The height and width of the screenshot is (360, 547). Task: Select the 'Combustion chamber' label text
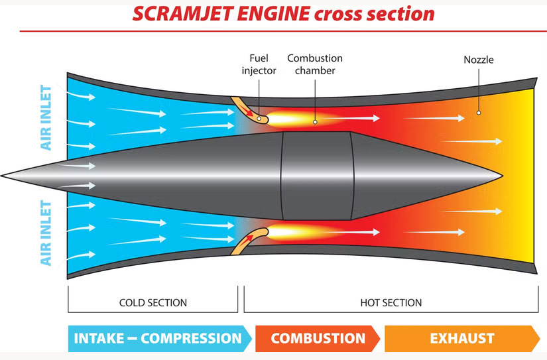pyautogui.click(x=315, y=64)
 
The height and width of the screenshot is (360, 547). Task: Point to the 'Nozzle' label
pyautogui.click(x=478, y=60)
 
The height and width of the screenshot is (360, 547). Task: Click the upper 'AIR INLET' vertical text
pyautogui.click(x=46, y=117)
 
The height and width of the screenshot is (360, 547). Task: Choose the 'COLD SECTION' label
pyautogui.click(x=152, y=302)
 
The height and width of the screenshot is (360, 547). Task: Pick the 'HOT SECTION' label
pyautogui.click(x=391, y=302)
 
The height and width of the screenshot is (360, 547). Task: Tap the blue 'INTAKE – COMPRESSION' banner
pyautogui.click(x=158, y=338)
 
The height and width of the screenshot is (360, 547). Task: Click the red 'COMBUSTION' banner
pyautogui.click(x=318, y=338)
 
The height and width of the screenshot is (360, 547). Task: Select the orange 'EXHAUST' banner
pyautogui.click(x=461, y=338)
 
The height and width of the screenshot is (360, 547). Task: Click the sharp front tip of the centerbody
pyautogui.click(x=3, y=176)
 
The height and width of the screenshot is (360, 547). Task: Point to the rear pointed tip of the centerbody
pyautogui.click(x=501, y=176)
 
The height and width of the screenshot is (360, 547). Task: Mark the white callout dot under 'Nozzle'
pyautogui.click(x=478, y=113)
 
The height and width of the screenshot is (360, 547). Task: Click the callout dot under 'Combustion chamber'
pyautogui.click(x=315, y=121)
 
